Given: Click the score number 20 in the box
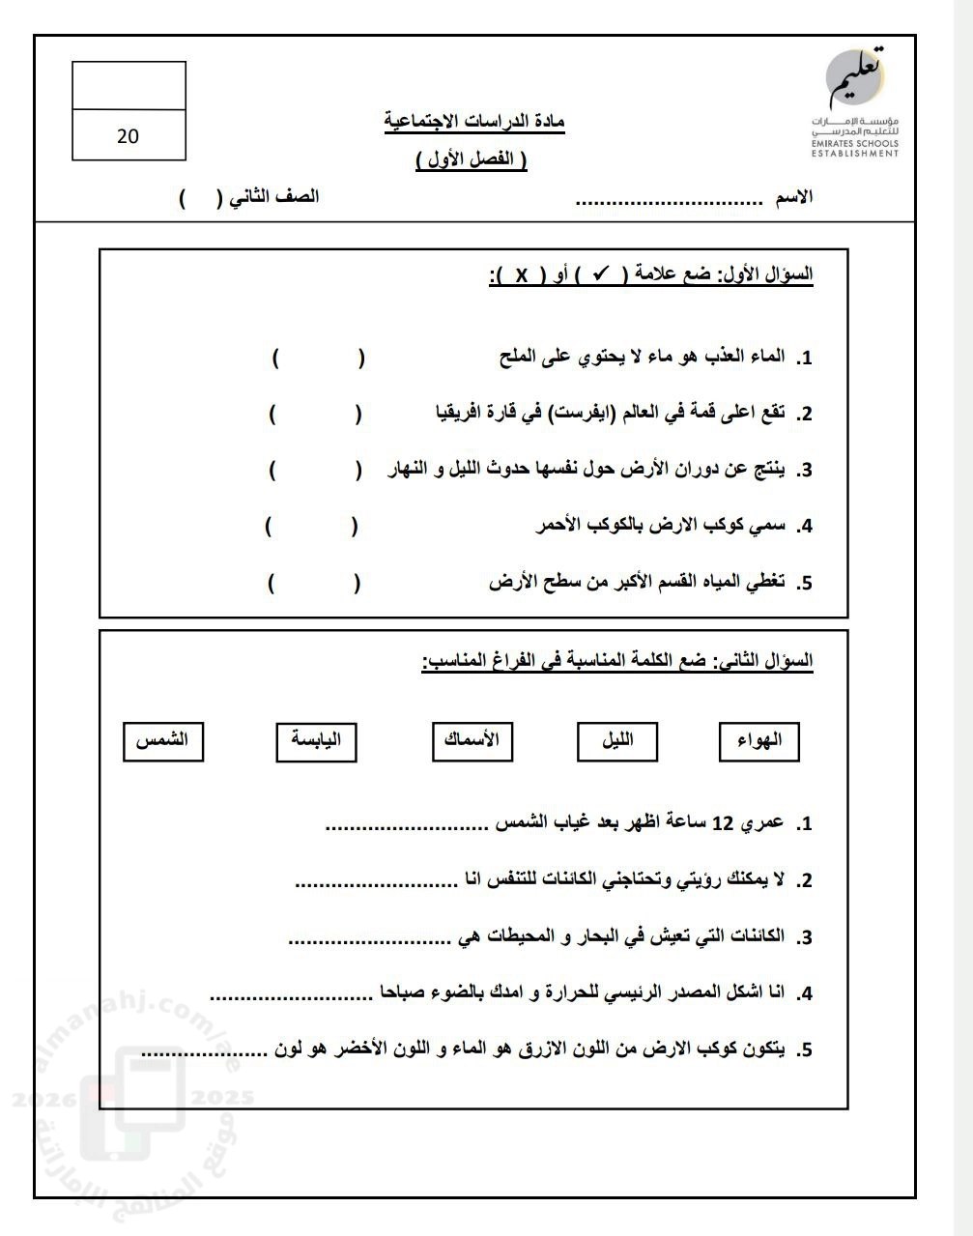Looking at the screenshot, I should [x=128, y=136].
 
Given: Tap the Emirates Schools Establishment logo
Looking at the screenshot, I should [x=855, y=101].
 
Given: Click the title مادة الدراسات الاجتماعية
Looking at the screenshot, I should [x=474, y=122].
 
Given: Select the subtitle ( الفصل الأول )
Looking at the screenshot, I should [x=472, y=160].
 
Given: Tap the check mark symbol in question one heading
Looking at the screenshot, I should [x=600, y=274].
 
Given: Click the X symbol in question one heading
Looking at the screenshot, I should [x=520, y=275].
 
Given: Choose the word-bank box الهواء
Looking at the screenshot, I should [x=758, y=742].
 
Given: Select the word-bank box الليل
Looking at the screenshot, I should [x=617, y=741].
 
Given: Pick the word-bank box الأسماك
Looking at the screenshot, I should [x=472, y=741].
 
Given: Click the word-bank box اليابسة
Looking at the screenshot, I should [x=316, y=741].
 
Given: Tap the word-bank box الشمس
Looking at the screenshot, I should [x=162, y=741].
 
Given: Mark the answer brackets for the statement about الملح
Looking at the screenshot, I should [x=319, y=359].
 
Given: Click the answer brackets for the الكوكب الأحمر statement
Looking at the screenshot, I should [x=311, y=527].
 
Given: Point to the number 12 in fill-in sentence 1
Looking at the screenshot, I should [x=724, y=824].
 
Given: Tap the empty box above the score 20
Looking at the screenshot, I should [x=129, y=86].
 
